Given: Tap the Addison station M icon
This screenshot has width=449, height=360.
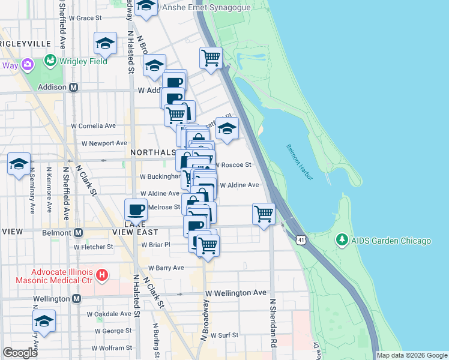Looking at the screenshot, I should (x=74, y=87).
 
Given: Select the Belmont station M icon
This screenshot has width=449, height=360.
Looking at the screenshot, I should (x=78, y=232).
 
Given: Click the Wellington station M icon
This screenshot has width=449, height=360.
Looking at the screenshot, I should (x=76, y=298).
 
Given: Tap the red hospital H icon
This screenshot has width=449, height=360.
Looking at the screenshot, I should (x=103, y=276).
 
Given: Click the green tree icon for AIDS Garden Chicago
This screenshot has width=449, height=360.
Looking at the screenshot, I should (x=342, y=241).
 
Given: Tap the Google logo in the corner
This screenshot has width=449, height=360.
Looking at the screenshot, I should (x=20, y=353).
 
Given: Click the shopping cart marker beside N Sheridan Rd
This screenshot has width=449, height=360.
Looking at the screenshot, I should (x=264, y=213).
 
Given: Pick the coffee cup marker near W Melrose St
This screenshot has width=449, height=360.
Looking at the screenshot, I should (x=136, y=211).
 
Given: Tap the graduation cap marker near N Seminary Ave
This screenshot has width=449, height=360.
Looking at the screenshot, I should (x=19, y=164).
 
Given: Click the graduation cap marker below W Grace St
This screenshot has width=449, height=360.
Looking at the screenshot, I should (x=105, y=43).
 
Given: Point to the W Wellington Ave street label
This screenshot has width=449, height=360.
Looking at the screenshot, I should (x=235, y=293).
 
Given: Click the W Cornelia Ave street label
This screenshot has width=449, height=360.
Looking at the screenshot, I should (x=93, y=126).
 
